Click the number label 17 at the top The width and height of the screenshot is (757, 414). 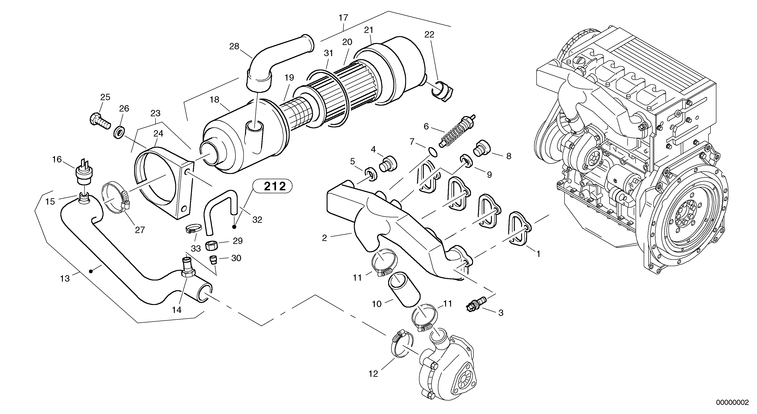[x=343, y=18]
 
